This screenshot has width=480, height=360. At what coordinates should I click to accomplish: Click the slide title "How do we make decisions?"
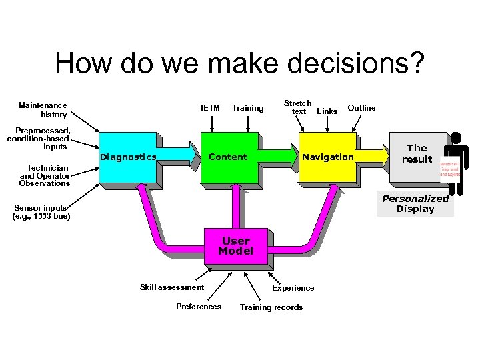point(239,64)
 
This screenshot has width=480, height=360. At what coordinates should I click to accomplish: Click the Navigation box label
point(327,157)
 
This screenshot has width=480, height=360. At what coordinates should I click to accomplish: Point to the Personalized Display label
point(415,203)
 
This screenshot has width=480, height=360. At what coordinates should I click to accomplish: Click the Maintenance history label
point(43,109)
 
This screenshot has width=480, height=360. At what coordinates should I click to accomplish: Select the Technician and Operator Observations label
point(45,175)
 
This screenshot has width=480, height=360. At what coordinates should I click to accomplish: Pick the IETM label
point(210,107)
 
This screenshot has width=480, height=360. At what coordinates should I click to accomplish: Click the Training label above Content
point(247,107)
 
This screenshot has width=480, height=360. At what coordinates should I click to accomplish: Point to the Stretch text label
point(297,107)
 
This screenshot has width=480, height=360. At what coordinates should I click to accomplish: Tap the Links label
point(327,111)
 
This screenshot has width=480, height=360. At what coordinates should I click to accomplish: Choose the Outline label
point(361,107)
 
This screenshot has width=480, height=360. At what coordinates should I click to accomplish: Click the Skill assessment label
point(172,287)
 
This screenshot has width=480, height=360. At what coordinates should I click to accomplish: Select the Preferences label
point(198,307)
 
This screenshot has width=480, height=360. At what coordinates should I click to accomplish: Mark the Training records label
point(271,307)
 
